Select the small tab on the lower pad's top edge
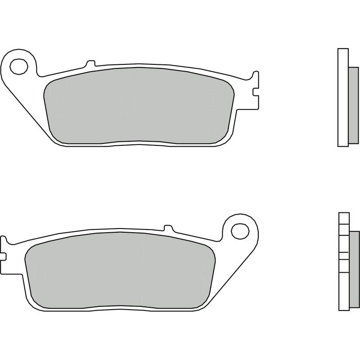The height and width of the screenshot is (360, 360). [167, 228]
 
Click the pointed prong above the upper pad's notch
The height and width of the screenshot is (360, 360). [256, 76]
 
